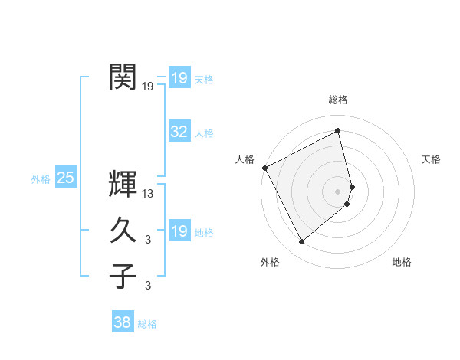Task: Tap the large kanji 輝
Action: pos(123,184)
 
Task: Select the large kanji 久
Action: pos(123,230)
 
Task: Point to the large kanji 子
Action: pos(123,275)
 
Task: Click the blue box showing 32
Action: pos(179,132)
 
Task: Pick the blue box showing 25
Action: pos(66,178)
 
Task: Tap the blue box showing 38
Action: pos(123,322)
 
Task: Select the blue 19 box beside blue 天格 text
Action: pos(179,78)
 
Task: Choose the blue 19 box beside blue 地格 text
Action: pos(179,231)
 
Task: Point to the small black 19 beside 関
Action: pos(148,87)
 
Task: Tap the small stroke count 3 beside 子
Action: pos(148,286)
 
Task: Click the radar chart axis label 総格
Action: pos(338,100)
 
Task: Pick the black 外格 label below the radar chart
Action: pos(270,262)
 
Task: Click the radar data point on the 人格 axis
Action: pos(264,168)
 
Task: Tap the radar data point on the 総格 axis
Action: pos(338,130)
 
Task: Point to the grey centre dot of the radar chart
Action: pos(338,191)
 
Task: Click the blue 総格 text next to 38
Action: pos(147,324)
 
